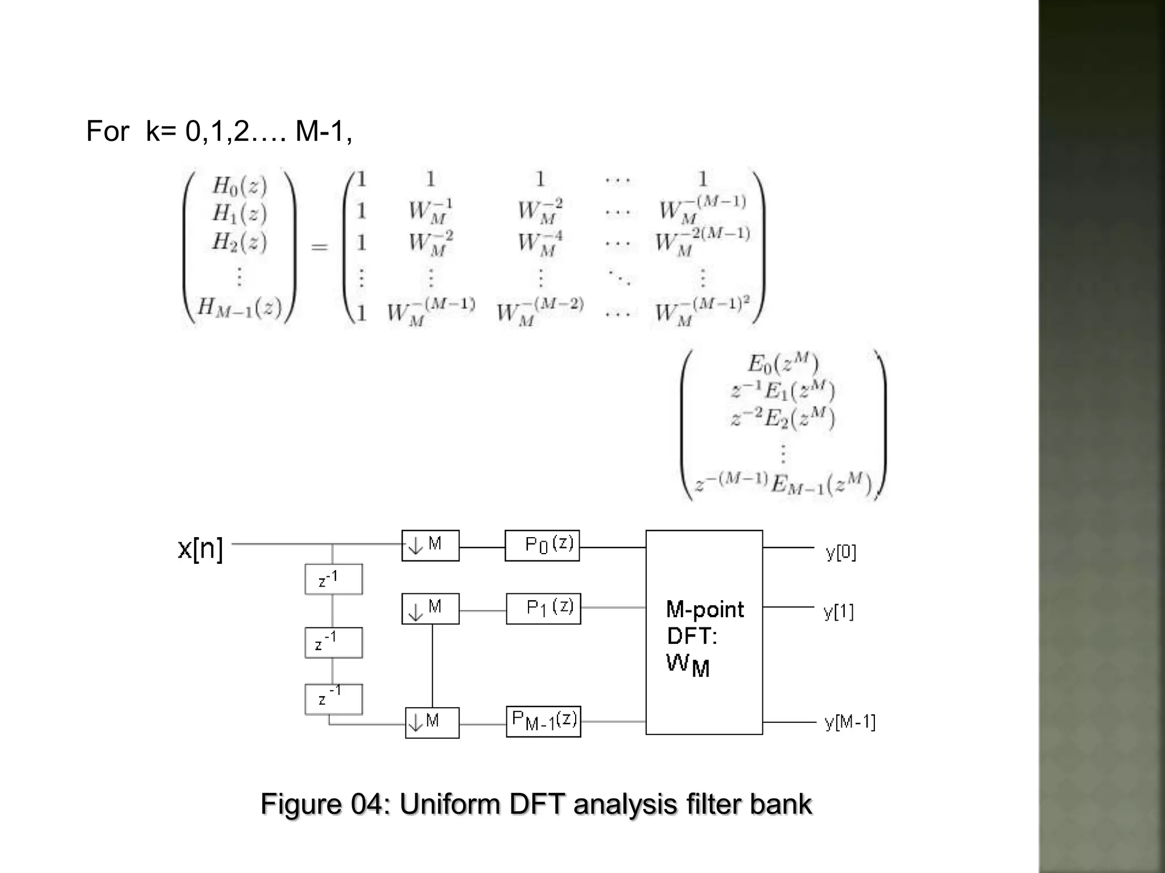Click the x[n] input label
pyautogui.click(x=200, y=548)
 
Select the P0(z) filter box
pyautogui.click(x=542, y=546)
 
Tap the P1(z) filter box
pyautogui.click(x=543, y=608)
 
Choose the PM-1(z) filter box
pyautogui.click(x=543, y=721)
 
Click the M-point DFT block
pyautogui.click(x=704, y=632)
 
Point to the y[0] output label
pyautogui.click(x=841, y=552)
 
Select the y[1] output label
pyautogui.click(x=838, y=612)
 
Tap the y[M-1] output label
pyautogui.click(x=850, y=722)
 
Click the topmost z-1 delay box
pyautogui.click(x=333, y=579)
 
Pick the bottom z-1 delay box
pyautogui.click(x=333, y=699)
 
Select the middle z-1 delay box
pyautogui.click(x=333, y=642)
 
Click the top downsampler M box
pyautogui.click(x=430, y=546)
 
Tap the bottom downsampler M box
pyautogui.click(x=432, y=722)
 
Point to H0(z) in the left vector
pyautogui.click(x=239, y=186)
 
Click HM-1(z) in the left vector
pyautogui.click(x=239, y=308)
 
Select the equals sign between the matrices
pyautogui.click(x=320, y=247)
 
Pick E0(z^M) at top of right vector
pyautogui.click(x=783, y=364)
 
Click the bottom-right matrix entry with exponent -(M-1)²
pyautogui.click(x=702, y=311)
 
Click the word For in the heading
pyautogui.click(x=107, y=131)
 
